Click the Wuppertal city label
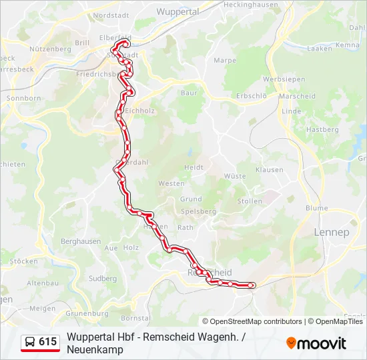pos(177,12)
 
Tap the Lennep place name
pos(331,233)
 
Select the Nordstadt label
pos(110,15)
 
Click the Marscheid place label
pos(297,96)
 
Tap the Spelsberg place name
pos(198,211)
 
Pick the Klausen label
pos(269,170)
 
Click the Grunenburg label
pos(87,313)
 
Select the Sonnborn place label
pos(23,99)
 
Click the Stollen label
pos(250,201)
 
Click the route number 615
pos(47,342)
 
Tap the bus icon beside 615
pos(31,342)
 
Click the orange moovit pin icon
pos(291,343)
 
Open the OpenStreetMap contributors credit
pos(252,321)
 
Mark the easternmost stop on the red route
pos(252,285)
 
